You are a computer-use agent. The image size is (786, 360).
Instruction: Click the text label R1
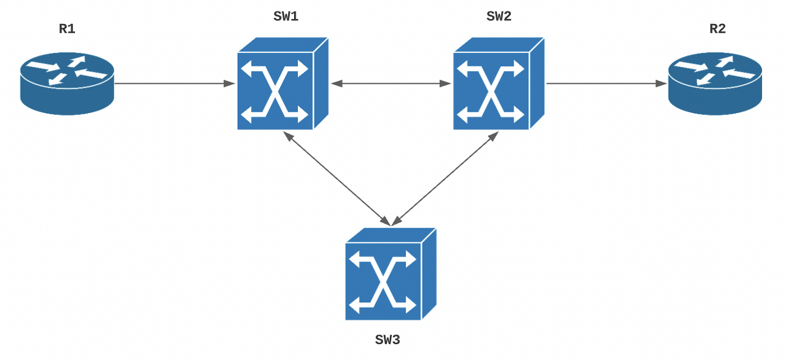(x=67, y=28)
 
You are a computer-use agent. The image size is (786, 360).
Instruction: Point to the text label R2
(x=717, y=28)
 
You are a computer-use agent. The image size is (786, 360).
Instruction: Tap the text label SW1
(x=286, y=17)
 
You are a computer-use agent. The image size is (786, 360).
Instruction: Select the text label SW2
(x=499, y=17)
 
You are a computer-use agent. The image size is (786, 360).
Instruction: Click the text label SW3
(x=387, y=339)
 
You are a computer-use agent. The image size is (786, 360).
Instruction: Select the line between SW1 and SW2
(x=391, y=83)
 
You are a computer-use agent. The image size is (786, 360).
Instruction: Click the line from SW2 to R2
(x=605, y=83)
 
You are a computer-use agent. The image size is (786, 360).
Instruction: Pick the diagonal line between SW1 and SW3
(x=337, y=178)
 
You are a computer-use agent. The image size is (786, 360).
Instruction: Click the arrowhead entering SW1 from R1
(x=230, y=83)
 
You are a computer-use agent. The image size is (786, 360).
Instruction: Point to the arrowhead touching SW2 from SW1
(x=445, y=83)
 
